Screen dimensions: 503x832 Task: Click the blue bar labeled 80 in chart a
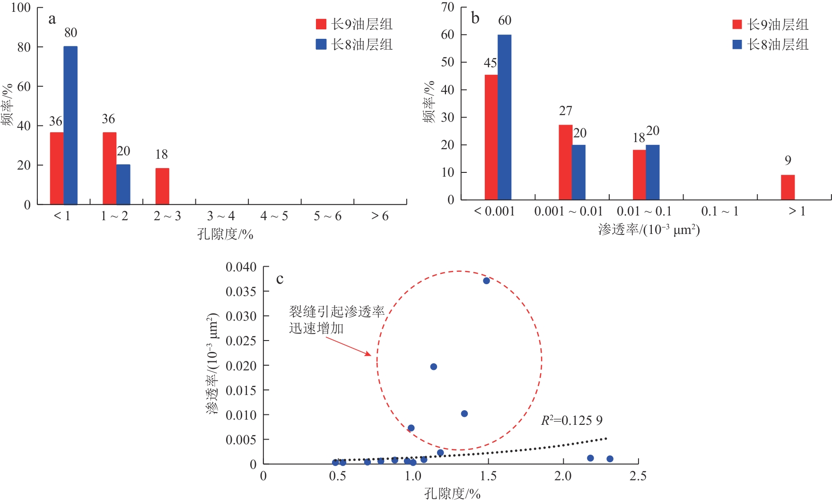70,126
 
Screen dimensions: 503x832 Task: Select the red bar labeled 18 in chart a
162,186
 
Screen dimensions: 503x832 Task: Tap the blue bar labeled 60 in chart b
504,117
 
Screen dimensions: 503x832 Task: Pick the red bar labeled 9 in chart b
788,188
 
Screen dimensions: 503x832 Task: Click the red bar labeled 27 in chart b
565,162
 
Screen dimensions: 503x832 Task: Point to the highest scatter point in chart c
486,281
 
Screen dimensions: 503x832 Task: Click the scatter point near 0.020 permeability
433,367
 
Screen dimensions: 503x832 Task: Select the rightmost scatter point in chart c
610,458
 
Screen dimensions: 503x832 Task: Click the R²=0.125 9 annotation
571,420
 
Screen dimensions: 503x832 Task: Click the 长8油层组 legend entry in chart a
354,45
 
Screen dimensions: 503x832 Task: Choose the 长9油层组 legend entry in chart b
770,24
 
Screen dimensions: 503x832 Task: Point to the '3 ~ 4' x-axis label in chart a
221,216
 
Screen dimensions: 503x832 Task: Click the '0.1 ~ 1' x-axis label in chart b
719,211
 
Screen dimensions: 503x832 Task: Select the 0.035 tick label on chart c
241,291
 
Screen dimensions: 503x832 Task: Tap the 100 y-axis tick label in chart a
20,8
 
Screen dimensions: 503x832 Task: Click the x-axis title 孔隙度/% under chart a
225,234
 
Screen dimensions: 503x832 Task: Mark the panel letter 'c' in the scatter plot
280,279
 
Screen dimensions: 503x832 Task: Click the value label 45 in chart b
490,63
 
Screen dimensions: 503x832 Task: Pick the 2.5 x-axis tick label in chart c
638,476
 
